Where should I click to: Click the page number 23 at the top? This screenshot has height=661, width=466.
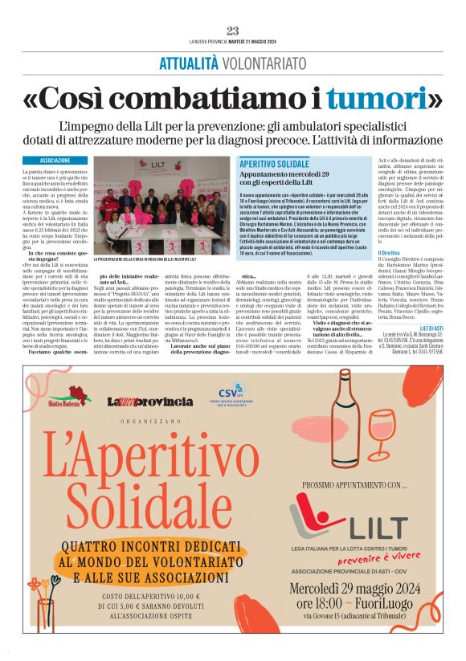point(233,31)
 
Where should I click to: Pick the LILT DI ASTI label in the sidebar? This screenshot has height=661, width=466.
point(430,328)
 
